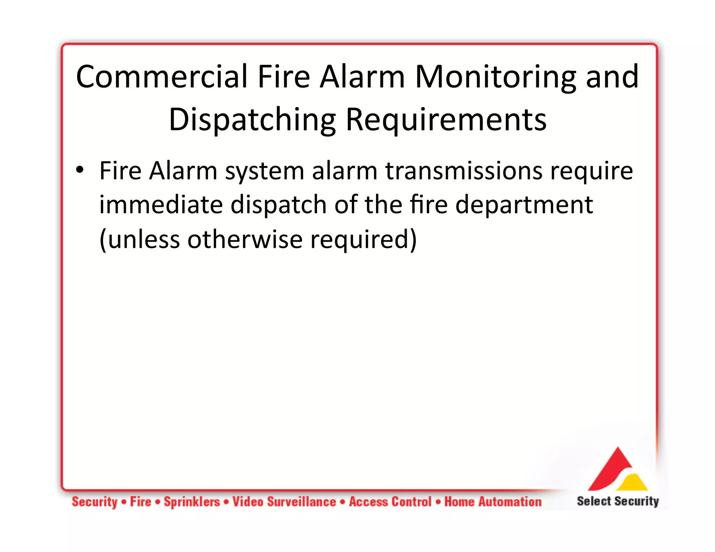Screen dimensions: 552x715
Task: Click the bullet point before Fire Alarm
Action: (x=80, y=170)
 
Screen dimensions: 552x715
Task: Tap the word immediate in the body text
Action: (x=161, y=204)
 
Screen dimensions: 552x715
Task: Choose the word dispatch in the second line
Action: (x=278, y=205)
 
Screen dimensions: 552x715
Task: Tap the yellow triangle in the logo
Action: (x=633, y=483)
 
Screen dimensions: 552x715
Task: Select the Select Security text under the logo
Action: (x=618, y=501)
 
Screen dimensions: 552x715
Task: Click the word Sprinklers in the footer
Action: (x=192, y=502)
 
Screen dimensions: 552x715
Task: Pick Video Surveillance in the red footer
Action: (x=284, y=502)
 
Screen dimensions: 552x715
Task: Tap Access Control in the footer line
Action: (x=390, y=502)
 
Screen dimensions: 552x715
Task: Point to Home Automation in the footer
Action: (x=493, y=502)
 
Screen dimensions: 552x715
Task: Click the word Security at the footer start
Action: (x=95, y=502)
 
